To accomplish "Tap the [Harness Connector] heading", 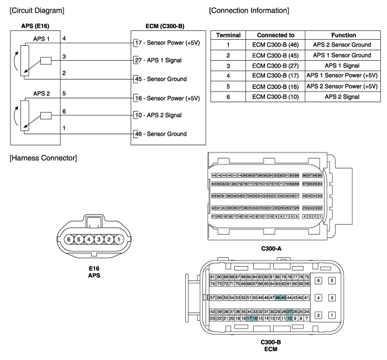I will pos(43,159).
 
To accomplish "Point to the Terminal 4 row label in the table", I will pos(228,76).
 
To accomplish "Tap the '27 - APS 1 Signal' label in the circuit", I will pos(163,60).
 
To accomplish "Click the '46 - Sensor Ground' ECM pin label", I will pos(164,134).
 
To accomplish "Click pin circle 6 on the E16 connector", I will pos(69,239).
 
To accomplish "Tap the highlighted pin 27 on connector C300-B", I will pos(289,311).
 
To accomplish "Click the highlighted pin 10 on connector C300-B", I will pos(289,319).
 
